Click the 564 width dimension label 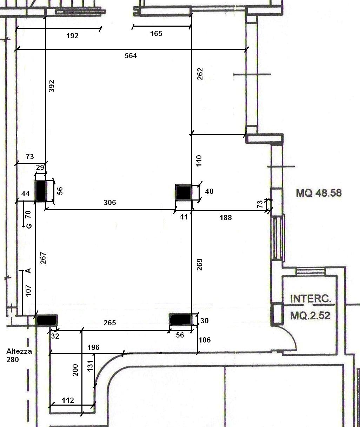click(131, 56)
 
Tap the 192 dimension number click(72, 36)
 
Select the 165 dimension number click(156, 34)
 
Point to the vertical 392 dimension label click(52, 86)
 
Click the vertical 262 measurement click(200, 74)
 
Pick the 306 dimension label click(110, 203)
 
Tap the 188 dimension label click(226, 218)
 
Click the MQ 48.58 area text click(319, 193)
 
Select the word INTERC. click(311, 299)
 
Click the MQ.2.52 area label click(310, 316)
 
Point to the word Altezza click(19, 351)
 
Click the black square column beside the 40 click(184, 192)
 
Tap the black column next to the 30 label click(181, 320)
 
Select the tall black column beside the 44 click(41, 191)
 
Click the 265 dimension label click(110, 323)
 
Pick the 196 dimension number click(94, 347)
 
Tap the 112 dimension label click(68, 400)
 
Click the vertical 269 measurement click(200, 265)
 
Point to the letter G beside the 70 click(29, 225)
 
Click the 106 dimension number click(205, 340)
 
